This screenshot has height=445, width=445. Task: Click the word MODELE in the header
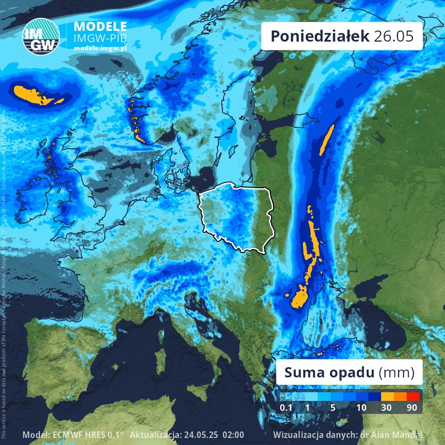click(x=100, y=26)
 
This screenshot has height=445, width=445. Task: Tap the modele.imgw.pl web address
click(x=100, y=48)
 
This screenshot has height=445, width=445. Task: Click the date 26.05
click(x=393, y=36)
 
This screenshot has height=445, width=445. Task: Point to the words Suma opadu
click(x=330, y=373)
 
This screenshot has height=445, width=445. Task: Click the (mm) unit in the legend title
click(x=396, y=373)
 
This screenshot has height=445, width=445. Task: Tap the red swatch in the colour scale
click(x=413, y=397)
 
